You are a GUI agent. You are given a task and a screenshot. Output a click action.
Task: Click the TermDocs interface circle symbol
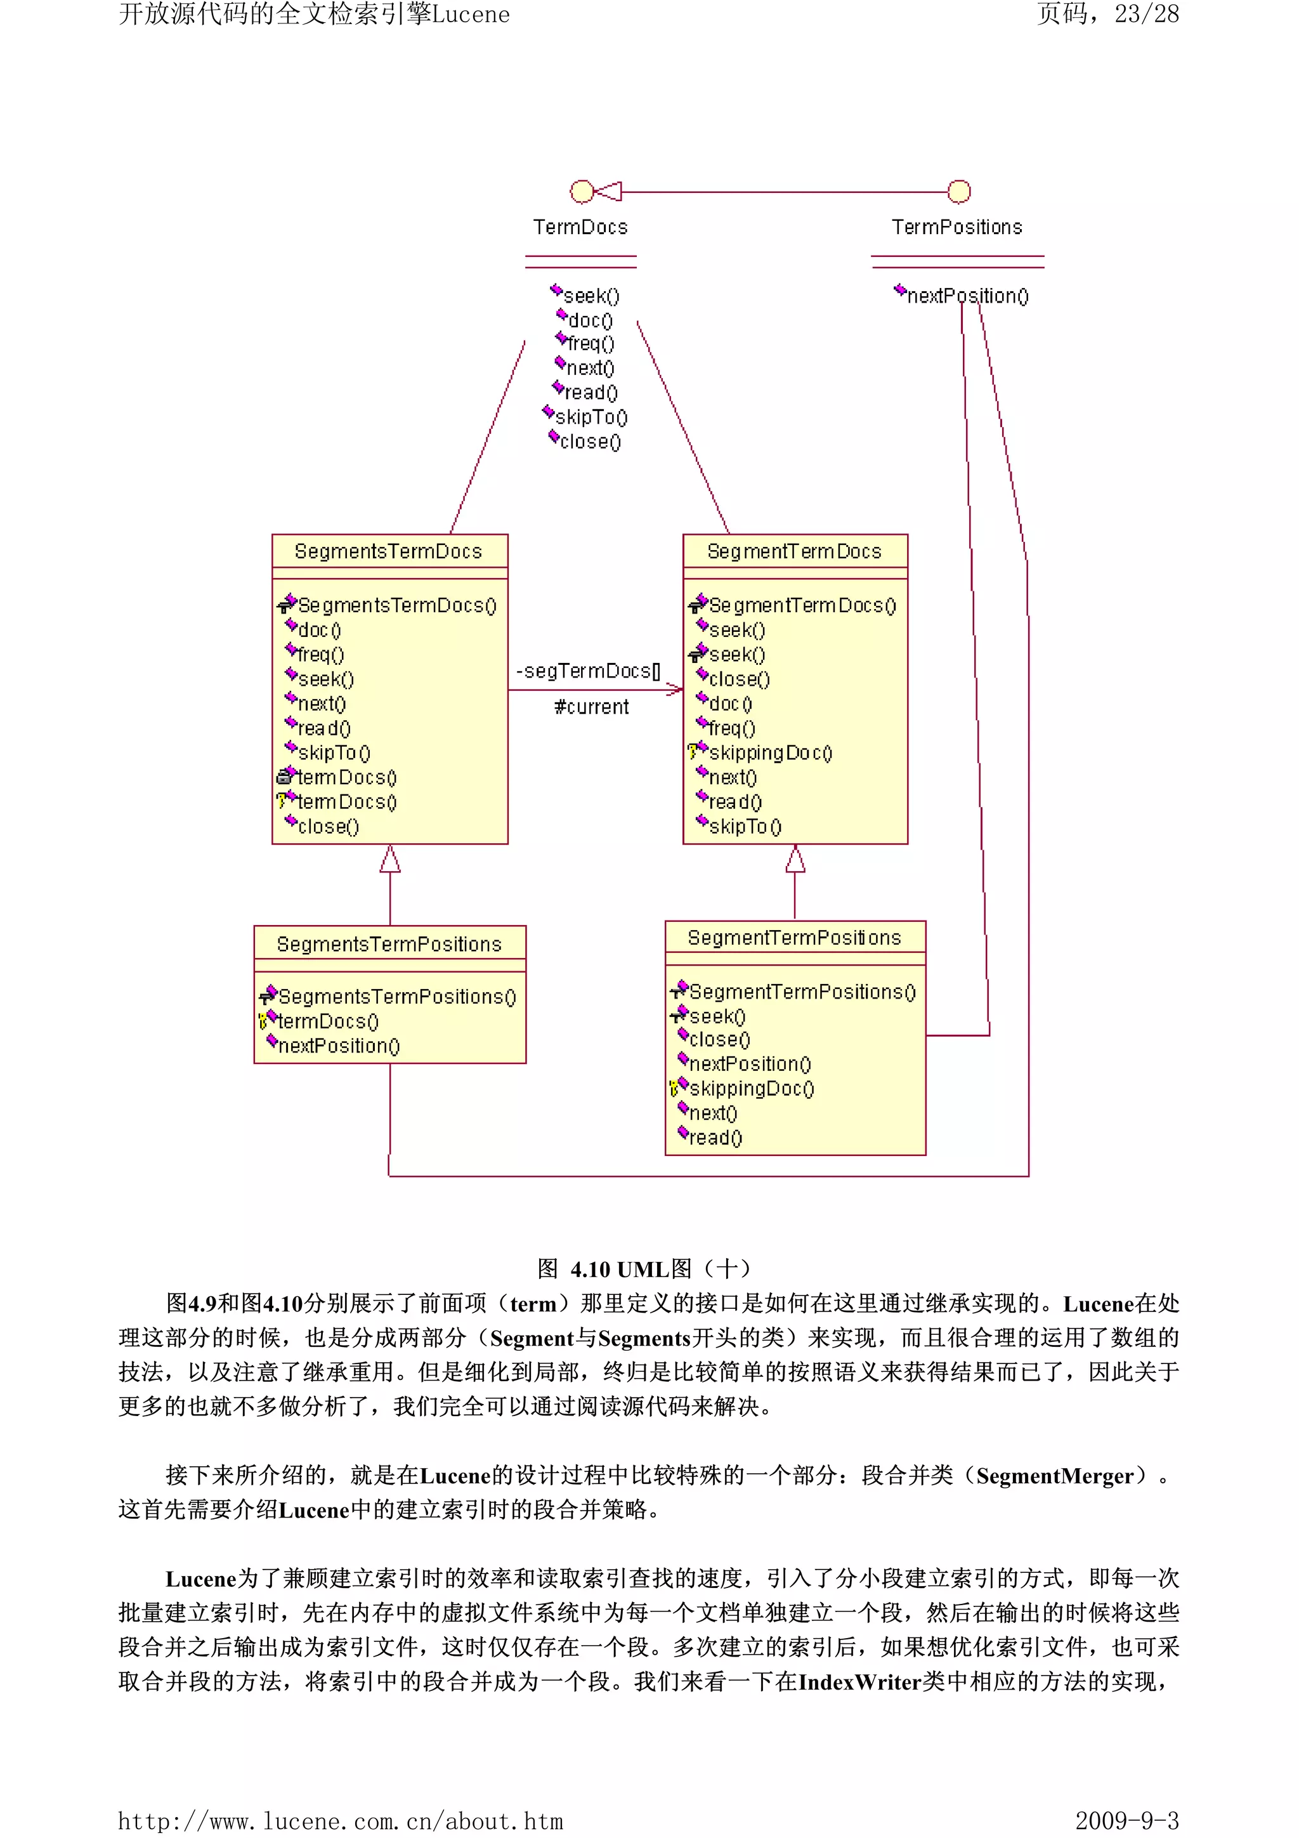(x=582, y=192)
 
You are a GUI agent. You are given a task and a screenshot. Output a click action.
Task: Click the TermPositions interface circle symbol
(x=959, y=192)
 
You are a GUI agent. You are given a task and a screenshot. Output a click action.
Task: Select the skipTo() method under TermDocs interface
(x=591, y=417)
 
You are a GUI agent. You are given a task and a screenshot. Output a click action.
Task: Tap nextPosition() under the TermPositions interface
(x=967, y=296)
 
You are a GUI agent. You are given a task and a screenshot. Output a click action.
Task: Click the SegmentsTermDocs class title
(x=388, y=551)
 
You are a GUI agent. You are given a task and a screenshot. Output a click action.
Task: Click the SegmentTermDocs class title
(x=794, y=551)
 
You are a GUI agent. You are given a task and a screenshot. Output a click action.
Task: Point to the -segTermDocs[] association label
(x=588, y=671)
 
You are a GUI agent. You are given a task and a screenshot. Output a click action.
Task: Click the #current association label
(x=592, y=707)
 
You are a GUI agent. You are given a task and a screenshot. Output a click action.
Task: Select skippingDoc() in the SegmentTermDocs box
(x=770, y=753)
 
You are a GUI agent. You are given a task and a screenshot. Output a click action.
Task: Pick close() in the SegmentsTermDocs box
(x=328, y=827)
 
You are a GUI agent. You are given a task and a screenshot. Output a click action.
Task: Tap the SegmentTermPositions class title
(x=794, y=938)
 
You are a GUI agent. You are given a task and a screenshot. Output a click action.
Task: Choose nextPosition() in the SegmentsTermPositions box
(x=339, y=1046)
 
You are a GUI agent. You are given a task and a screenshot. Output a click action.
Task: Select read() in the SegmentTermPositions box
(x=715, y=1138)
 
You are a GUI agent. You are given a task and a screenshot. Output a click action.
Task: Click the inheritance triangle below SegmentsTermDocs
(x=390, y=860)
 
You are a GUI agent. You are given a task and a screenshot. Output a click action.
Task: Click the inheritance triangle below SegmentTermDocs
(x=795, y=860)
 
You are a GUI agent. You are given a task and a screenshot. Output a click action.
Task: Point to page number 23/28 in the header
(x=1146, y=15)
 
